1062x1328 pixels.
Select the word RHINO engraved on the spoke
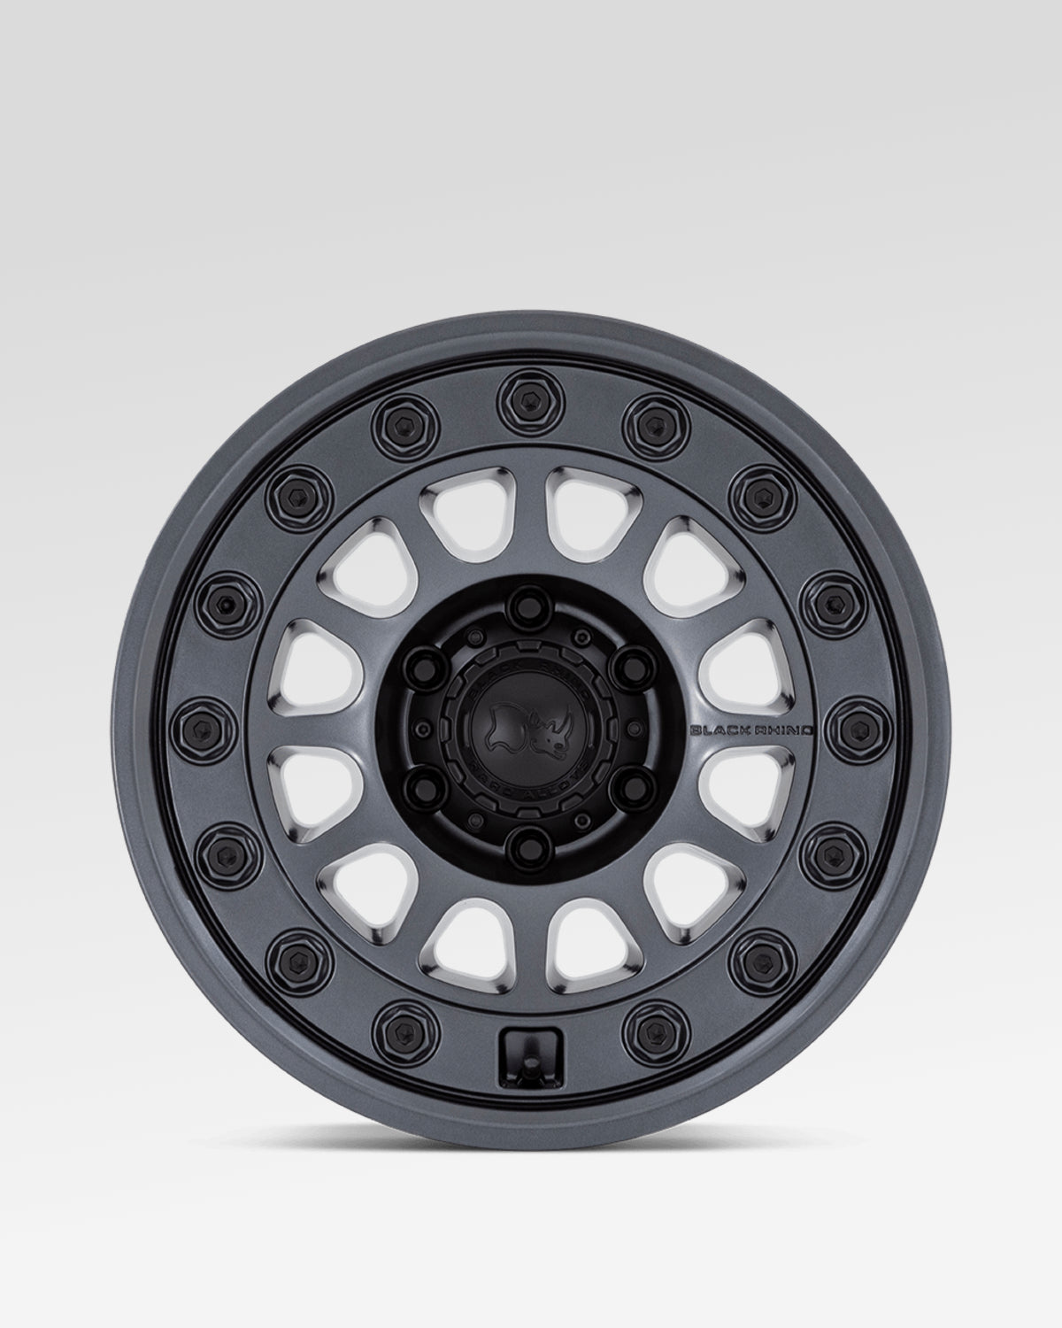[x=782, y=730]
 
